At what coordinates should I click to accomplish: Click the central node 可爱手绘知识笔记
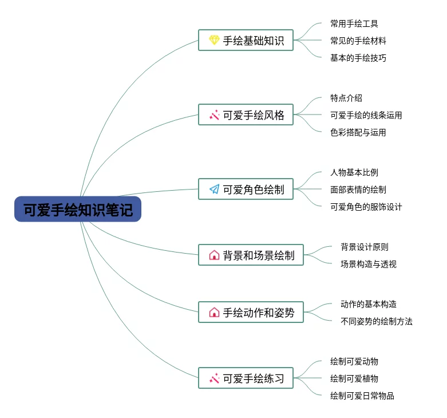78,210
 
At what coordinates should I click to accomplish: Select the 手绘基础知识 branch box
246,40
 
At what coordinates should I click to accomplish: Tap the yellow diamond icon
214,40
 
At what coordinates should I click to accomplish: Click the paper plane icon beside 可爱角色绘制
214,189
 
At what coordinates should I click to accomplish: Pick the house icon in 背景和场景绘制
214,255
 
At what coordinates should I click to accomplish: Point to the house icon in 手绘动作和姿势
214,312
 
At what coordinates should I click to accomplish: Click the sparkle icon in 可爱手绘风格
214,115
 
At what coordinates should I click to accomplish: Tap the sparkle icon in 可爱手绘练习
214,378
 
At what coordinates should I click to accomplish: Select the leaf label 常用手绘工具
354,23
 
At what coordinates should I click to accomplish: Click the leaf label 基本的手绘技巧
358,58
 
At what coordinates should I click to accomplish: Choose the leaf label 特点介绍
346,98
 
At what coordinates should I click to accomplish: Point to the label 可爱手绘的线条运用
366,115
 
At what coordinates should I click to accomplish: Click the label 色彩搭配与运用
358,132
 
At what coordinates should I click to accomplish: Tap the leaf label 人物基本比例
354,172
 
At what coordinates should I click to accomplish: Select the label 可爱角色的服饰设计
366,207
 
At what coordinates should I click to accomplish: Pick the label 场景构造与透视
368,264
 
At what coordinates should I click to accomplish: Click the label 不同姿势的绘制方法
376,321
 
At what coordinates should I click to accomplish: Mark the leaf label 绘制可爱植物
354,378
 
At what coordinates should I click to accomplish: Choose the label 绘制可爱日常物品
362,396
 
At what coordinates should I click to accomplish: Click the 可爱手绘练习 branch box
246,378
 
